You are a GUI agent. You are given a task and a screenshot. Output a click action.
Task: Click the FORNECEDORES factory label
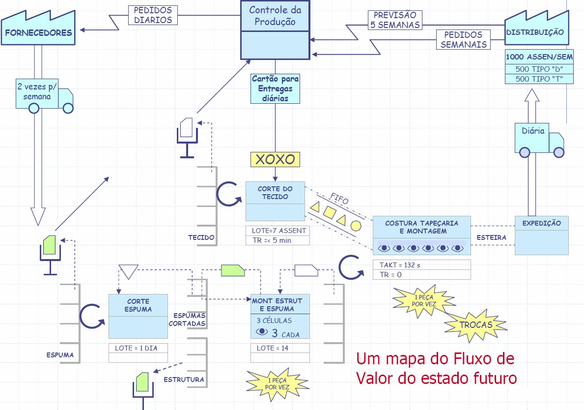[x=38, y=33]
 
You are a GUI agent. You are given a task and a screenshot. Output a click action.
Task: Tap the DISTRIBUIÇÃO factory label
[x=535, y=32]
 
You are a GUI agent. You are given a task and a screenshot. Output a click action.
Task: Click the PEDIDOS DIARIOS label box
[x=153, y=15]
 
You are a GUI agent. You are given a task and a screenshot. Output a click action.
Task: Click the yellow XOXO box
[x=275, y=159]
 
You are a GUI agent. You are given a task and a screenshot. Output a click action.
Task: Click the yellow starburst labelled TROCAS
[x=476, y=325]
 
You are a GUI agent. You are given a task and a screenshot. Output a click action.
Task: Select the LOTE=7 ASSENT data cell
[x=278, y=230]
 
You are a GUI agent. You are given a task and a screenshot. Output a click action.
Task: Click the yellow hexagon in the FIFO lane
[x=356, y=226]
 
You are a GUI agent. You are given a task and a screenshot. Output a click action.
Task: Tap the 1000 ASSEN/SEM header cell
[x=539, y=57]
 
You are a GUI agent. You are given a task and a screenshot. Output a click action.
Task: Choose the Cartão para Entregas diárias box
[x=275, y=88]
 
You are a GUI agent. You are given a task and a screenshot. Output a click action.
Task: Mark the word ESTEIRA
[x=492, y=237]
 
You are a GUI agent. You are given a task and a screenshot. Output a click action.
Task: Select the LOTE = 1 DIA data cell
[x=138, y=348]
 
